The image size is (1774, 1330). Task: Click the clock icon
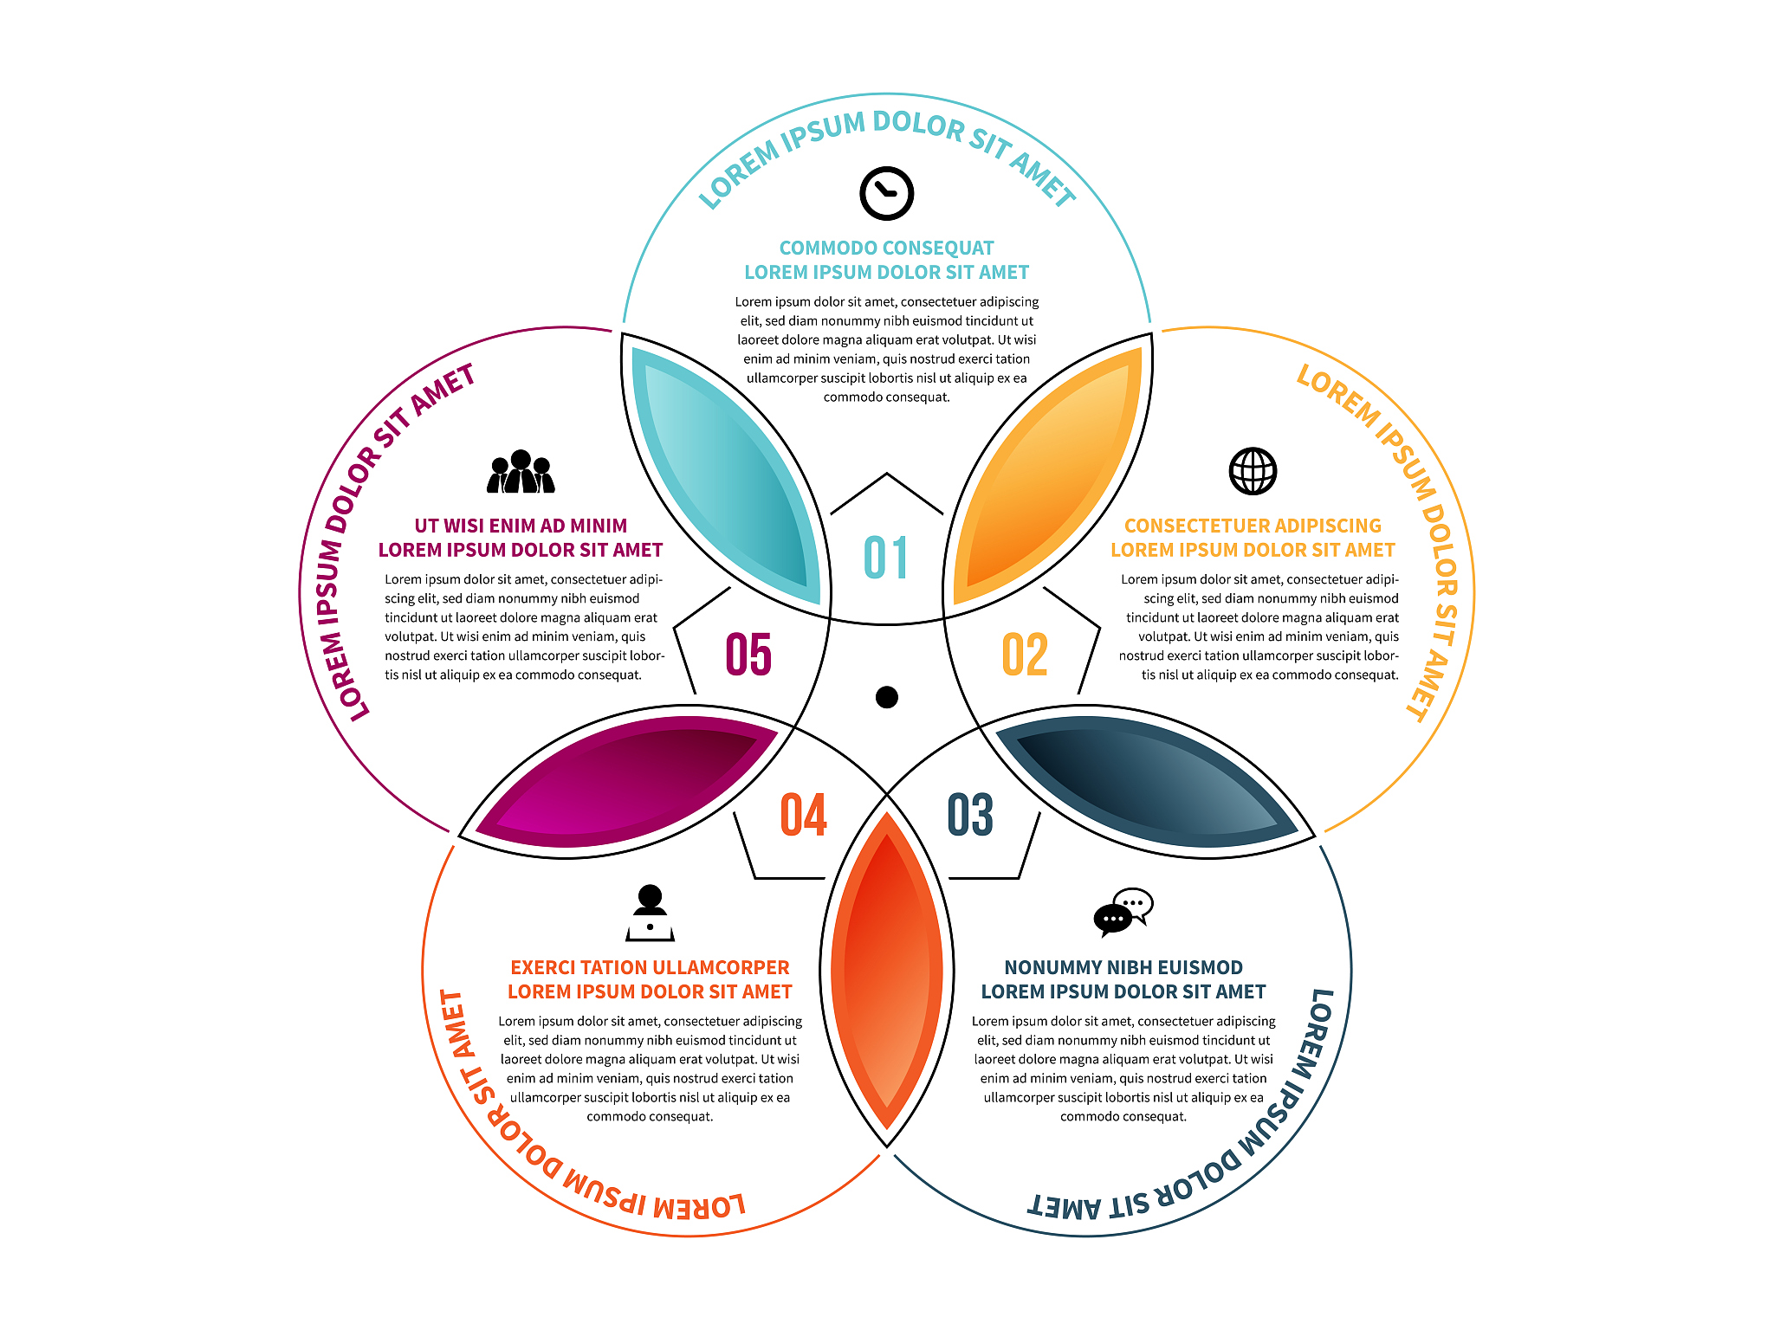(x=886, y=193)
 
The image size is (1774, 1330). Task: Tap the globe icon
(x=1253, y=471)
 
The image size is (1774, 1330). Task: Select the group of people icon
(x=521, y=472)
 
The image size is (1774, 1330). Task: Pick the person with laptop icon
(x=650, y=913)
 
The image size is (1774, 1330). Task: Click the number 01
(x=886, y=558)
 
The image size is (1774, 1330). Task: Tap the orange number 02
(x=1025, y=655)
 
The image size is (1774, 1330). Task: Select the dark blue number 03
(x=970, y=815)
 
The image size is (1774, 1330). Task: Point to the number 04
(x=804, y=815)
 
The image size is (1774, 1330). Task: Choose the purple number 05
(x=748, y=655)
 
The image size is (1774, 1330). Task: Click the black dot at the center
(x=887, y=697)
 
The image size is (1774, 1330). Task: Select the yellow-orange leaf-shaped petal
(x=1047, y=475)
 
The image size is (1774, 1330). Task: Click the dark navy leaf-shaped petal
(x=1147, y=781)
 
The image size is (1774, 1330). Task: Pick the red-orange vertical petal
(x=887, y=971)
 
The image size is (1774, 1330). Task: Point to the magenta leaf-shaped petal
(x=626, y=781)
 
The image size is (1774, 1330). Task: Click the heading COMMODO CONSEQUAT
(x=886, y=249)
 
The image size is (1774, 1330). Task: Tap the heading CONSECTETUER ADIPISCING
(x=1253, y=526)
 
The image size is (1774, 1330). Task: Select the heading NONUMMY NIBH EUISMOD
(x=1123, y=968)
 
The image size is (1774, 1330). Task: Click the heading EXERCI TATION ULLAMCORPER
(x=650, y=968)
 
